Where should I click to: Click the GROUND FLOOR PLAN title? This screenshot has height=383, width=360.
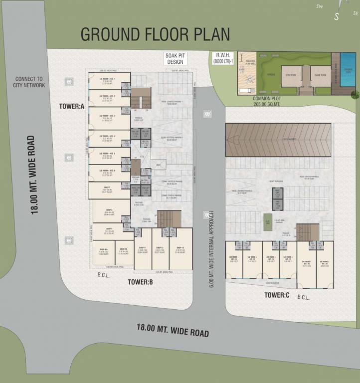tap(155, 34)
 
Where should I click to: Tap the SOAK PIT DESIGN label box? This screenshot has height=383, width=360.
tap(175, 59)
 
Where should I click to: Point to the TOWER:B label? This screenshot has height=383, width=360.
tap(140, 282)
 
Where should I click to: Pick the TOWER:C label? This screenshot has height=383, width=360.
tap(277, 296)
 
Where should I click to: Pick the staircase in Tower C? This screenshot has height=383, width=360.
tap(308, 231)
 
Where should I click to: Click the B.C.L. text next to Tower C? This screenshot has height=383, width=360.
tap(304, 297)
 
